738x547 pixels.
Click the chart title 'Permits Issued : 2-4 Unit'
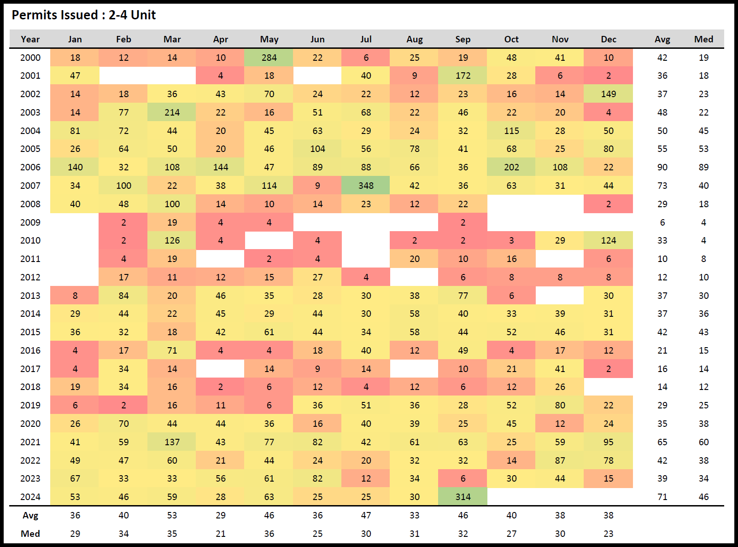pos(83,15)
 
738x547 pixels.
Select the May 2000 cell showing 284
pos(269,58)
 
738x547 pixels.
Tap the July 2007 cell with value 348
pos(366,186)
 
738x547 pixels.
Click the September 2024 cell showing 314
pos(463,497)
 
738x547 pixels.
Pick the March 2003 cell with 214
pos(172,112)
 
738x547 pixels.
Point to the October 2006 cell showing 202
pos(511,167)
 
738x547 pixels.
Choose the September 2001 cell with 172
pos(463,76)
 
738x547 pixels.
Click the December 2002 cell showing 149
pos(608,94)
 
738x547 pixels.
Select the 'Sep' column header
pos(463,39)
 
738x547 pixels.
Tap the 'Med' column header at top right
pos(703,39)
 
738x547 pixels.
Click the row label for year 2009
pos(30,222)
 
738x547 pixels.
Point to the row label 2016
pos(30,350)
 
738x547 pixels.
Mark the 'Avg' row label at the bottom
pos(30,515)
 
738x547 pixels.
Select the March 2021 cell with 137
pos(172,442)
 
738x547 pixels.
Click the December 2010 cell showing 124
pos(608,240)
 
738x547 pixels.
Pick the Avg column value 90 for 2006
pos(662,167)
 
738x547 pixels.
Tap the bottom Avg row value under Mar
pos(172,515)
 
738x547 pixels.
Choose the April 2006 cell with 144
pos(221,167)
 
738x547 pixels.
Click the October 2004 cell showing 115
pos(511,131)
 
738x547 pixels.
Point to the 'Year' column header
pos(30,39)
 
